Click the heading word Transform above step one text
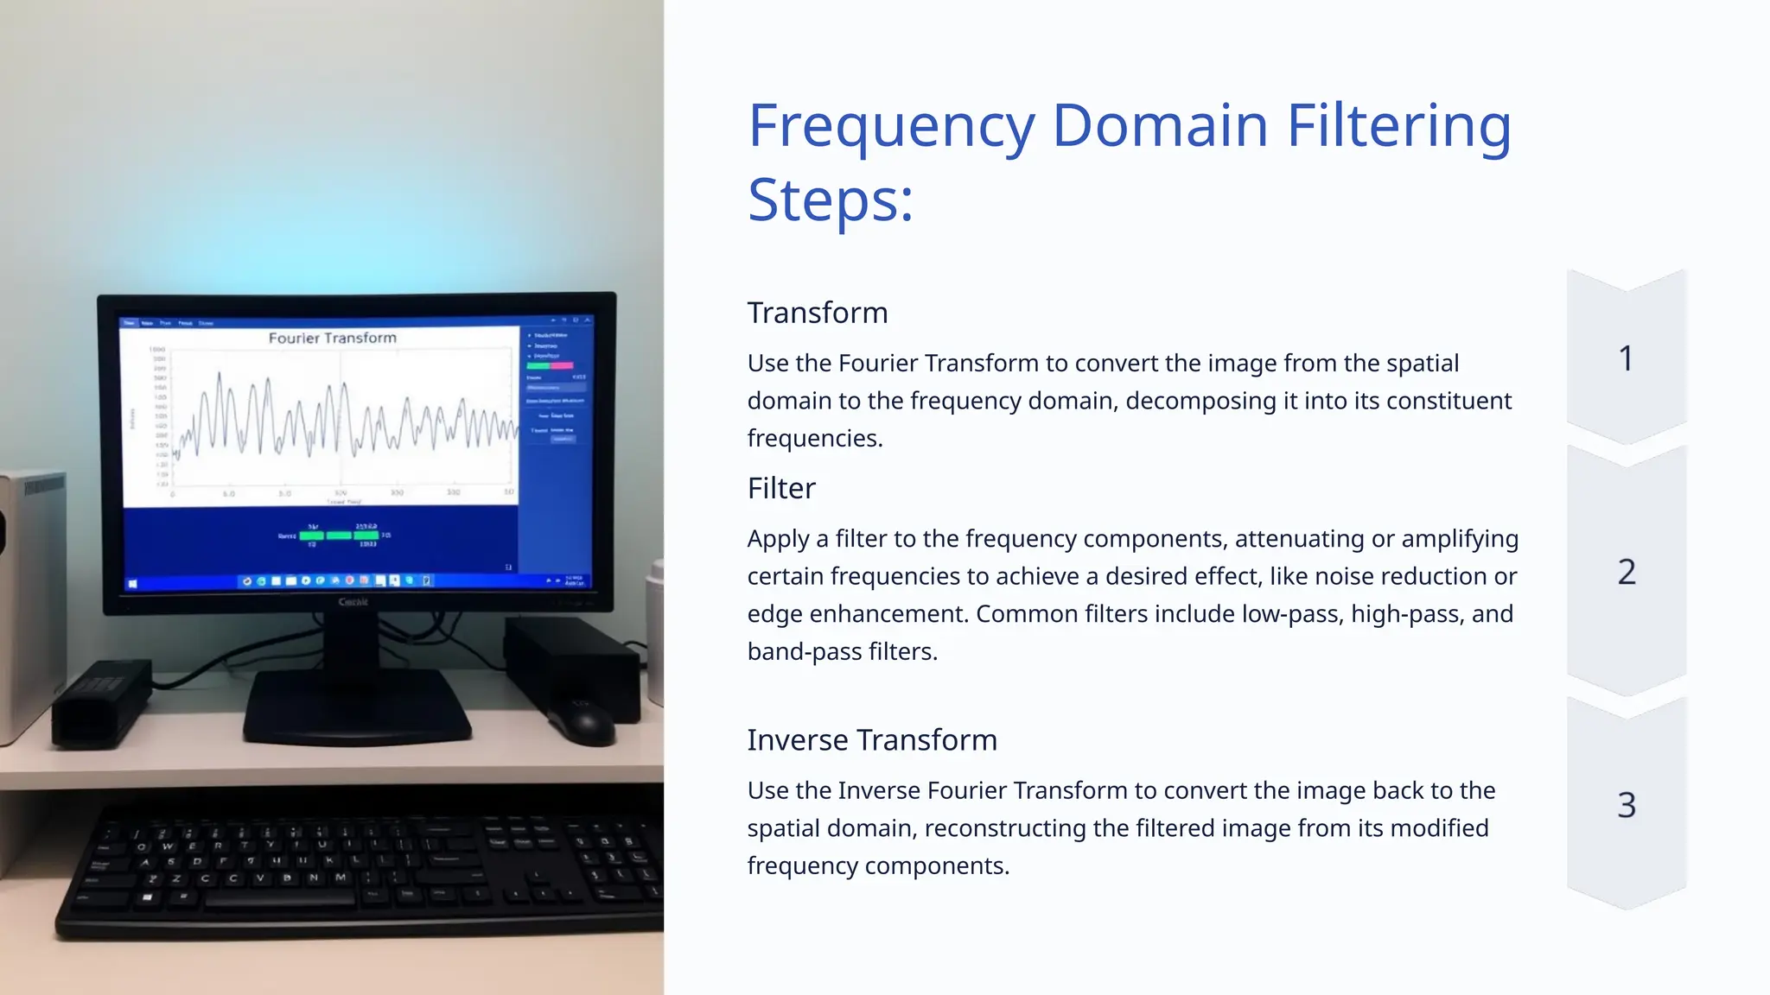coord(817,313)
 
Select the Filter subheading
coord(781,489)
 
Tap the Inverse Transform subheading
coord(871,740)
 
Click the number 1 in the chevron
coord(1626,358)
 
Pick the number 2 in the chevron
coord(1626,572)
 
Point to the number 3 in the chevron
coord(1626,805)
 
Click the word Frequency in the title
coord(891,126)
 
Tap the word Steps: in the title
coord(830,200)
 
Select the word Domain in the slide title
coord(1160,126)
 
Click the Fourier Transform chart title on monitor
coord(332,338)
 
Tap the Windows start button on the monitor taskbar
coord(132,584)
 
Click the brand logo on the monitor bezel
coord(353,601)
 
